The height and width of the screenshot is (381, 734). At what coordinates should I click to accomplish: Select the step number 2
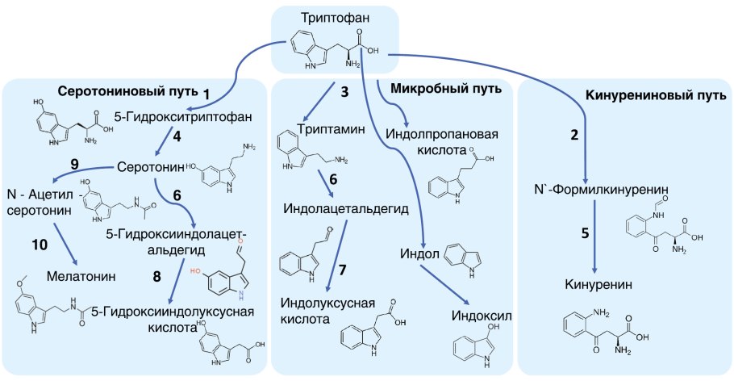(574, 135)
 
